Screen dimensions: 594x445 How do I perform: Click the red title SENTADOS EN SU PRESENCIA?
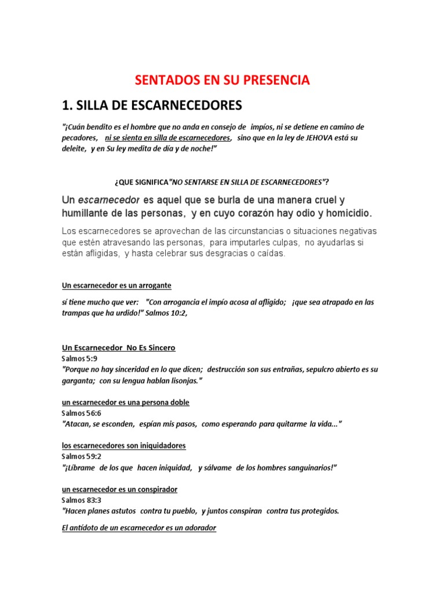pyautogui.click(x=222, y=80)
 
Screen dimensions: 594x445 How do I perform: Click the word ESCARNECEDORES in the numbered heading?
pyautogui.click(x=175, y=105)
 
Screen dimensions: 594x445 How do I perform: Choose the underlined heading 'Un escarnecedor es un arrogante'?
pyautogui.click(x=116, y=285)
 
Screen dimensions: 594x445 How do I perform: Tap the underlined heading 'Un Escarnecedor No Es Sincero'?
pyautogui.click(x=118, y=347)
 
